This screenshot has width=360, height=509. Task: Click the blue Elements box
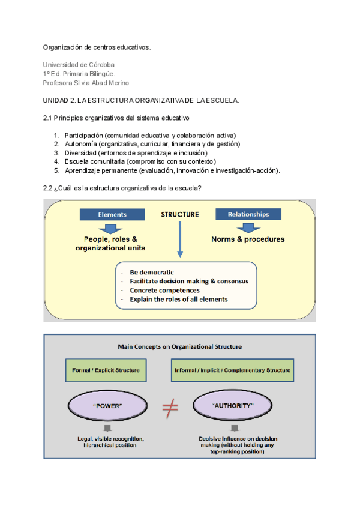pos(112,214)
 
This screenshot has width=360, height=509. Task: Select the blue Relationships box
pos(248,214)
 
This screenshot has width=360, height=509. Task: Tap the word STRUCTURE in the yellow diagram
pos(180,214)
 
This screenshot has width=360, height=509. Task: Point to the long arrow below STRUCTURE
pos(180,239)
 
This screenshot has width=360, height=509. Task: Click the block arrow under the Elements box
pos(110,229)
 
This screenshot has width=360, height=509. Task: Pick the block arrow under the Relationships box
pos(248,228)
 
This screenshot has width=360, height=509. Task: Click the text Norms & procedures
pos(248,239)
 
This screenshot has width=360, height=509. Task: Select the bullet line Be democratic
pos(152,272)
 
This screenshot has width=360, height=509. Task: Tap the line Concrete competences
pos(164,290)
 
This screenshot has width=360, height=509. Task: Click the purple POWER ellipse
pos(107,406)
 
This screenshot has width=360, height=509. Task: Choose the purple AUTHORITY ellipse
pos(232,405)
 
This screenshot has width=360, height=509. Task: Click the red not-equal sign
pos(170,408)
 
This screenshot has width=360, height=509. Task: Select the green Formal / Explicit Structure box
pos(106,370)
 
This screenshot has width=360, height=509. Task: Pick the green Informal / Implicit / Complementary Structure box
pos(232,370)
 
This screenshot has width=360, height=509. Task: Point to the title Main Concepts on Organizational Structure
pos(180,347)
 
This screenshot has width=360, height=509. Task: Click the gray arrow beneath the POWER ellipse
pos(107,428)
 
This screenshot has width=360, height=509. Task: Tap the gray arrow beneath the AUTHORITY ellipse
pos(235,428)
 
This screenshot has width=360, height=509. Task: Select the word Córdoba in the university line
pos(101,65)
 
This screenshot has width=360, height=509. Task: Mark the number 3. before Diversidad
pos(57,153)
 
